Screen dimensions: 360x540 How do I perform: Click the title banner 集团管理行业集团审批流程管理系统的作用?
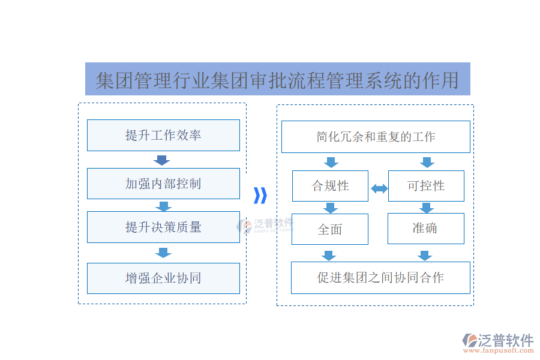[x=277, y=79]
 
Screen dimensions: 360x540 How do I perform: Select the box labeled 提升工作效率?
[x=163, y=135]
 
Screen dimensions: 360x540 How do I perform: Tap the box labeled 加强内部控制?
[x=163, y=184]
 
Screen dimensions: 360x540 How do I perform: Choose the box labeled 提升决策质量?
[x=163, y=227]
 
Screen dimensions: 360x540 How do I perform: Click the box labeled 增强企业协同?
[x=163, y=278]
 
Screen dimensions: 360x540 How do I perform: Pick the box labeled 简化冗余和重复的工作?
[x=376, y=137]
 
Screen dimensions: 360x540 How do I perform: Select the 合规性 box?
[x=330, y=186]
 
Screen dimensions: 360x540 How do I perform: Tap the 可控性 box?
[x=426, y=186]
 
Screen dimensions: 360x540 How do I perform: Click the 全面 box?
[x=330, y=229]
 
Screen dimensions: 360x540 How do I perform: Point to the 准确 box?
[x=426, y=229]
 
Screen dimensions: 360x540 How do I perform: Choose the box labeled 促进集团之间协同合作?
[x=380, y=278]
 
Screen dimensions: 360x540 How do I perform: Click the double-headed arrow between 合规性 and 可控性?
[x=379, y=189]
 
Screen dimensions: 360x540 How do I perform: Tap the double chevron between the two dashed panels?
[x=260, y=196]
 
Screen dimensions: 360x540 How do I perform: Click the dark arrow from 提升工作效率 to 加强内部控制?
[x=162, y=160]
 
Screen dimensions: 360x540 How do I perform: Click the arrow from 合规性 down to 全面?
[x=330, y=208]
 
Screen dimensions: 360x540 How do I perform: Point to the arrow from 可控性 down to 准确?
[x=426, y=208]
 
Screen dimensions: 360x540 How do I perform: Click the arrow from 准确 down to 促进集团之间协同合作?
[x=425, y=256]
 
